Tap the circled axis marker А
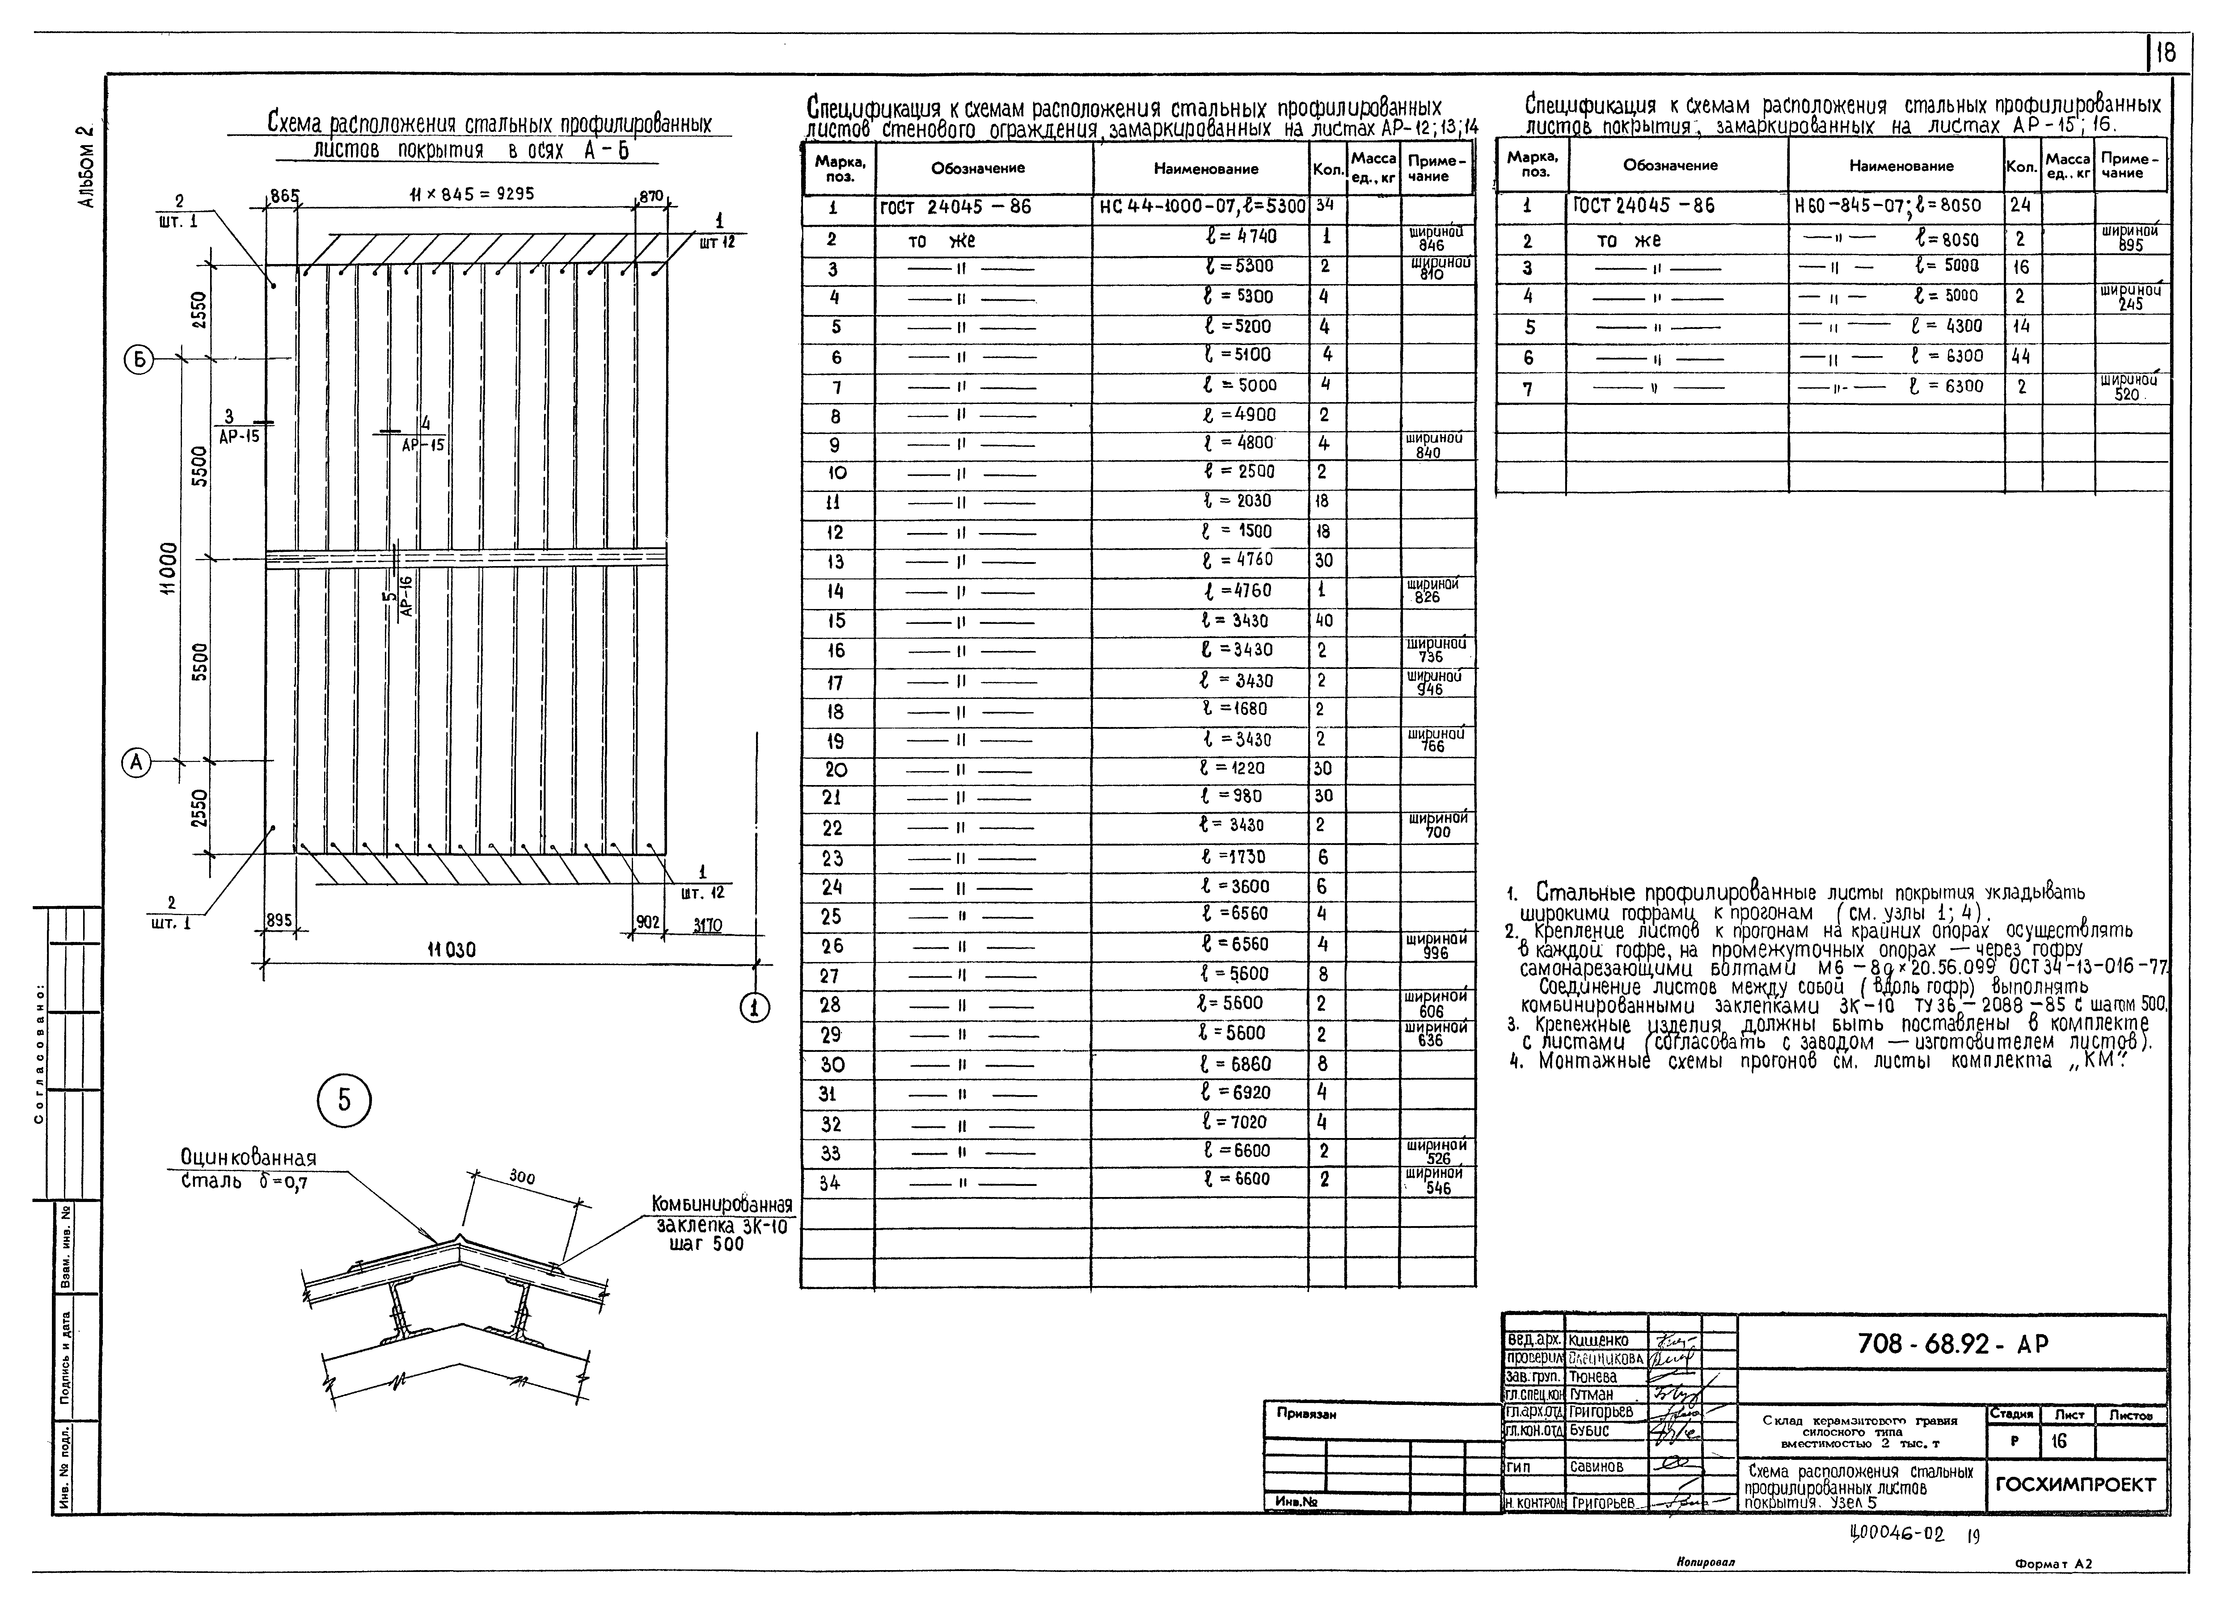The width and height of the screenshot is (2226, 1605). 137,762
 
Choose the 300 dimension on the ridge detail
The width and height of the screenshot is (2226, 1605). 522,1175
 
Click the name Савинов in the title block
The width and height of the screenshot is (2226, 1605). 1597,1466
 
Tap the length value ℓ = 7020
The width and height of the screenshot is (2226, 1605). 1236,1121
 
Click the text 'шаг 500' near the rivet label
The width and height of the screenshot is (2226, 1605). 699,1244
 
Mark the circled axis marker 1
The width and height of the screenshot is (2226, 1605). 755,1007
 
